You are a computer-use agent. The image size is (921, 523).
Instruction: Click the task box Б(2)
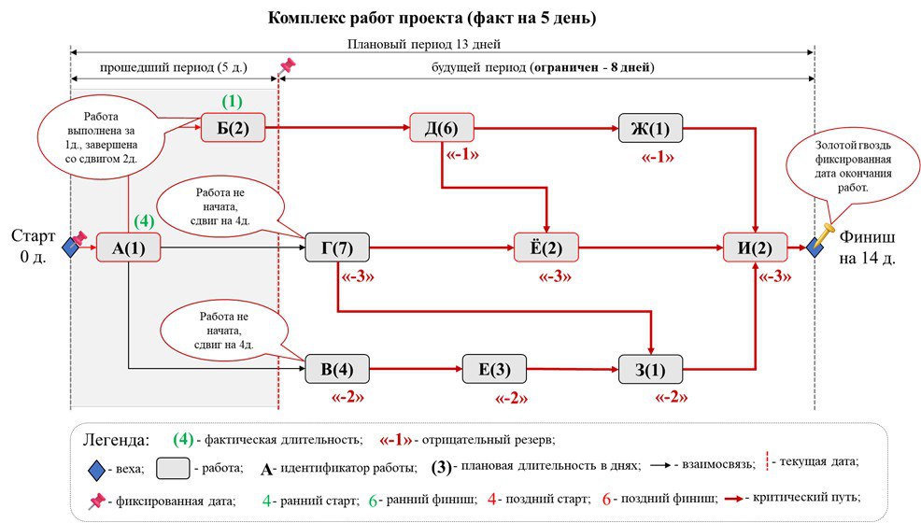point(234,128)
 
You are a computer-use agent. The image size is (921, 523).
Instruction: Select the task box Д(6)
point(442,128)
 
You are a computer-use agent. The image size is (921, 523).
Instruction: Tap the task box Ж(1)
point(650,128)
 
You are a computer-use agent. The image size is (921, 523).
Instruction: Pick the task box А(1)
point(129,248)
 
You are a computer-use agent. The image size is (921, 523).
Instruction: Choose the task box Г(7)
point(337,248)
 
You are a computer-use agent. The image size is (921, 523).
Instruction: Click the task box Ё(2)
point(546,248)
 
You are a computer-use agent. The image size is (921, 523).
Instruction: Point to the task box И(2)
point(755,248)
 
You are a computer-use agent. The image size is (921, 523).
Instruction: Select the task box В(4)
point(337,369)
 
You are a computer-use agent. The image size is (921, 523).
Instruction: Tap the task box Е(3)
point(494,369)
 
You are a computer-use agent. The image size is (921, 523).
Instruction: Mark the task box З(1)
point(650,369)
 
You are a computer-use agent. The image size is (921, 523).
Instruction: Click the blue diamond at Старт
point(70,248)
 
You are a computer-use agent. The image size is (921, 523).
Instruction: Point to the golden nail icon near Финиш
point(826,231)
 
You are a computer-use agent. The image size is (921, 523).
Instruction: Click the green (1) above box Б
point(231,101)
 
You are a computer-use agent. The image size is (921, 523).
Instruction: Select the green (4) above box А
point(143,222)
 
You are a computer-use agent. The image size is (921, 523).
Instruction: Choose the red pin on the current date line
point(287,66)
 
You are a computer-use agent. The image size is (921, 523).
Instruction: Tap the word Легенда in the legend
point(115,439)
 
